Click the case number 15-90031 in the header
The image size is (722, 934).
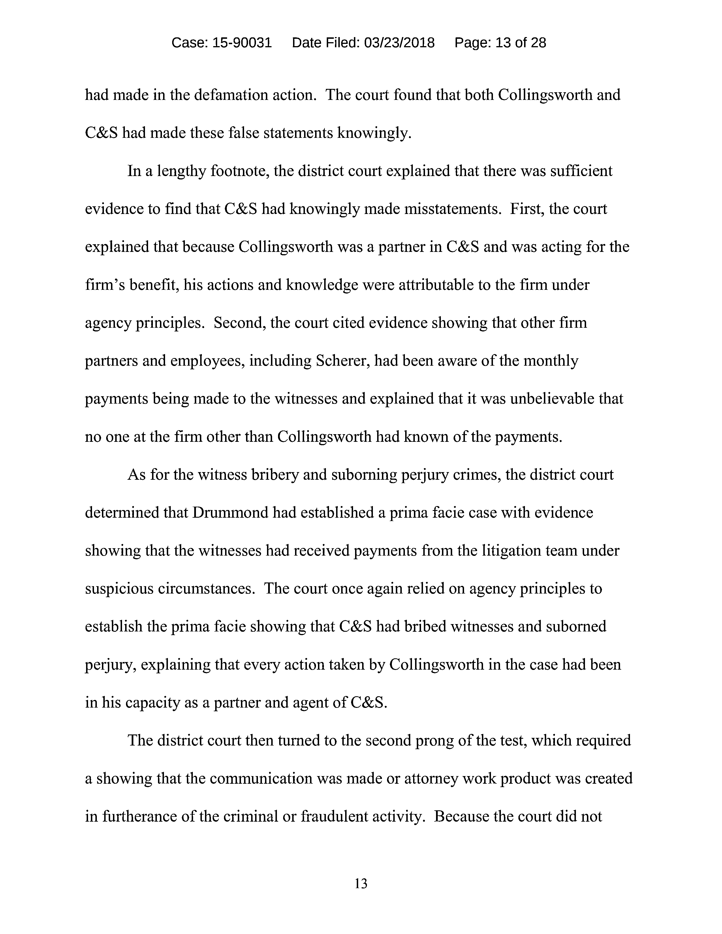click(x=242, y=43)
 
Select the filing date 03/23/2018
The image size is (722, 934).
click(x=399, y=43)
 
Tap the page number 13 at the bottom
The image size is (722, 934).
click(x=360, y=884)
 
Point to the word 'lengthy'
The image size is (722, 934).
click(x=181, y=171)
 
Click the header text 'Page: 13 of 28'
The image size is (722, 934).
click(x=500, y=43)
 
